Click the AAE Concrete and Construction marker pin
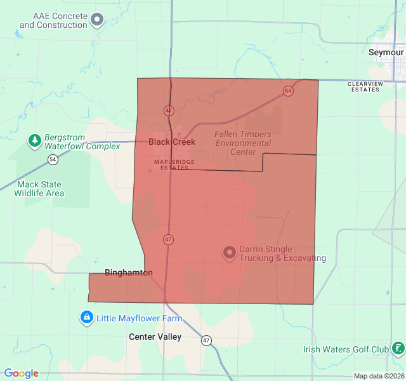[97, 20]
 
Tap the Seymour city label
[386, 52]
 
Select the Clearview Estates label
[365, 86]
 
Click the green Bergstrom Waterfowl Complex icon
[35, 140]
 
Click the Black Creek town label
[172, 142]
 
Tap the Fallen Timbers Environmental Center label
[243, 143]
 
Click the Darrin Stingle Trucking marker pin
[229, 253]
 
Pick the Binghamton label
[129, 272]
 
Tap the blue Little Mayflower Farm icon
[87, 317]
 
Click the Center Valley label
[155, 337]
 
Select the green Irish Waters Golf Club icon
[398, 349]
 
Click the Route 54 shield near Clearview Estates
[289, 91]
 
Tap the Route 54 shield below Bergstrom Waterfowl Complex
[53, 159]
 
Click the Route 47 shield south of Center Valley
[207, 340]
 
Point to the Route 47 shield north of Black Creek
[168, 110]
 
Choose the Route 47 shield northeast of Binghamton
[167, 239]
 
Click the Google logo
[22, 373]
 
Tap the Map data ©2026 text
[377, 376]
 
